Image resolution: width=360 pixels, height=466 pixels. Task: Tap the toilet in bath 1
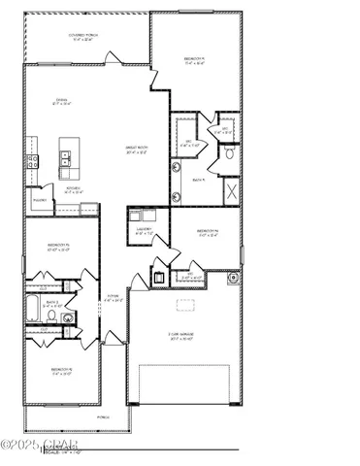[229, 153]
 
